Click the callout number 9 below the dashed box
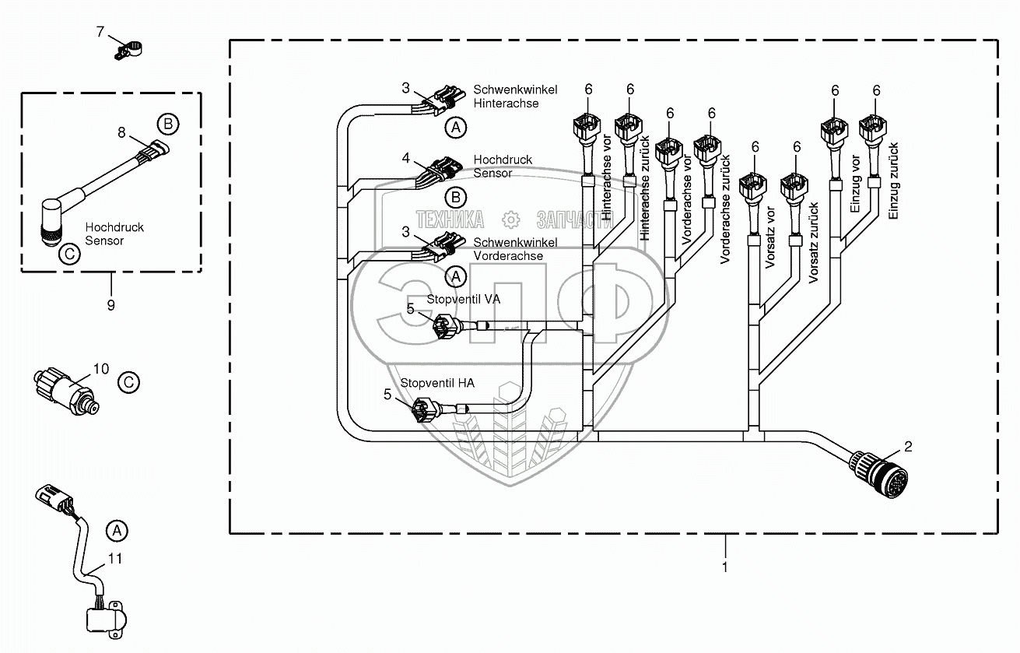[x=110, y=305]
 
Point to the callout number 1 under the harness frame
[x=724, y=567]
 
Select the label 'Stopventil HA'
[x=437, y=383]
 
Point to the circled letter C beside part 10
[x=128, y=381]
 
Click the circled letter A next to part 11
[x=116, y=531]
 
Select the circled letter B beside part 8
[x=167, y=124]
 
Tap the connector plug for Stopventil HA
[x=422, y=409]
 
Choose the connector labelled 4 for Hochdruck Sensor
[x=440, y=169]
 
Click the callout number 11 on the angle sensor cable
[x=114, y=558]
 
